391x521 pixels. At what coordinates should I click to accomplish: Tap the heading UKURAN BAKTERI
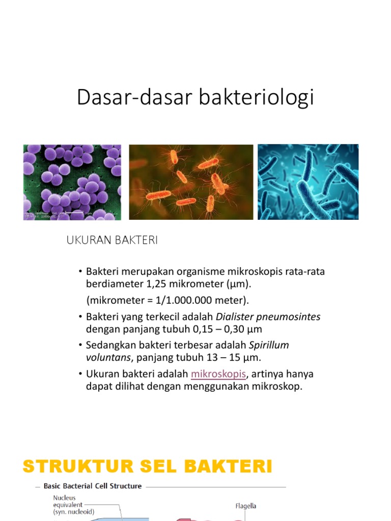[x=112, y=241]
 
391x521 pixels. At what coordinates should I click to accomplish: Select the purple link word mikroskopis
[x=218, y=374]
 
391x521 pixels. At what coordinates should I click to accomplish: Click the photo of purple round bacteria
[x=72, y=182]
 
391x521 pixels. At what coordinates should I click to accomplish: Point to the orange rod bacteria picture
[x=191, y=182]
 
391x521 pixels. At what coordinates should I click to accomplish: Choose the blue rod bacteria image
[x=308, y=182]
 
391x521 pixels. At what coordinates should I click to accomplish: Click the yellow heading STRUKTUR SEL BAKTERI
[x=148, y=466]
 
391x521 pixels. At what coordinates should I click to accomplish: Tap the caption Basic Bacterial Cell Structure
[x=92, y=486]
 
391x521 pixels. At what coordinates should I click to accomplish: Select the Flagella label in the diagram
[x=245, y=506]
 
